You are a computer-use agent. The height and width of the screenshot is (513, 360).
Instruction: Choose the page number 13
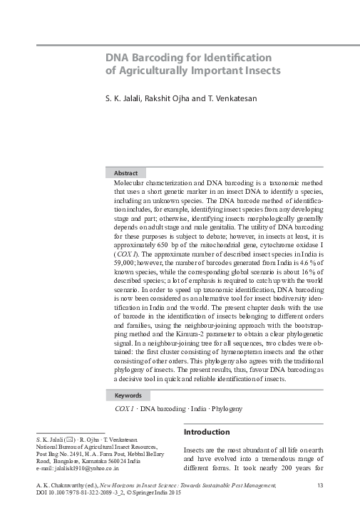[x=320, y=485]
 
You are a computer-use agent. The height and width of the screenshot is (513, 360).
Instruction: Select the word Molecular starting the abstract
[x=132, y=184]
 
